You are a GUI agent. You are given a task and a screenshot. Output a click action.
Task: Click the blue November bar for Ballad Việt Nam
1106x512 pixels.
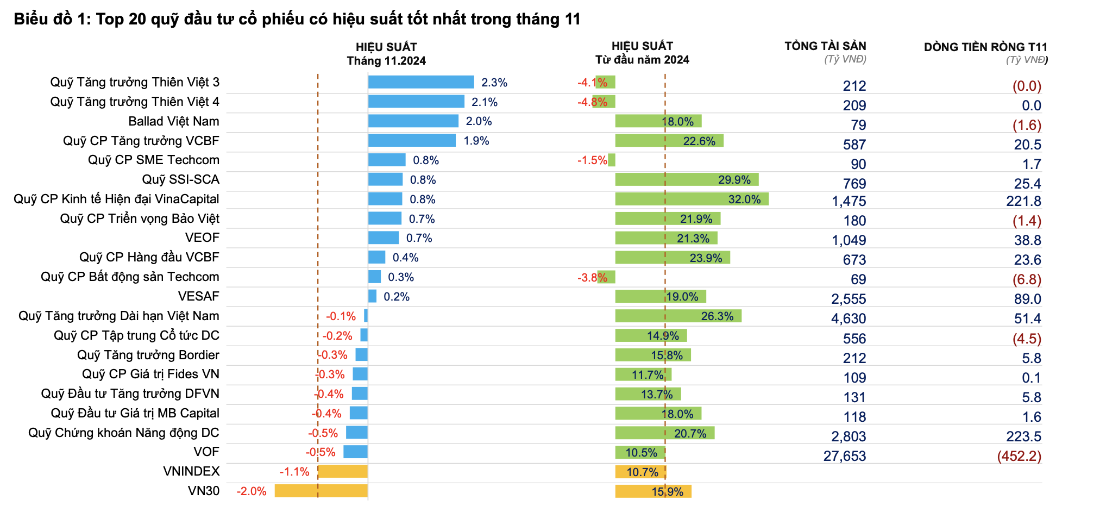pyautogui.click(x=413, y=121)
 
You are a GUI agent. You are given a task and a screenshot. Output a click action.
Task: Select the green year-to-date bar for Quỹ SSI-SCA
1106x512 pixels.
pyautogui.click(x=687, y=179)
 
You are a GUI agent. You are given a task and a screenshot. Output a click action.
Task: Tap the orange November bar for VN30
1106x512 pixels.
pyautogui.click(x=321, y=491)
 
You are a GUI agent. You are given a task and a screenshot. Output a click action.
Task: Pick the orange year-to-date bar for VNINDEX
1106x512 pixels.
pyautogui.click(x=640, y=472)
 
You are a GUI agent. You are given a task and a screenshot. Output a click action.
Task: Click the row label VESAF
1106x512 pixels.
pyautogui.click(x=198, y=296)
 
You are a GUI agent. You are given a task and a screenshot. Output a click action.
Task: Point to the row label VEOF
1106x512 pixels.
pyautogui.click(x=202, y=238)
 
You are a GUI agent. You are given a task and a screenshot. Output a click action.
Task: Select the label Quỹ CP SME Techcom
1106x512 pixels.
pyautogui.click(x=154, y=160)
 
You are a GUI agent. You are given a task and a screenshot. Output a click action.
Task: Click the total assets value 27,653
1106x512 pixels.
pyautogui.click(x=844, y=456)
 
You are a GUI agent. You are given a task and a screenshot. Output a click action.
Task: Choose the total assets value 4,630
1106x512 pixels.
pyautogui.click(x=848, y=319)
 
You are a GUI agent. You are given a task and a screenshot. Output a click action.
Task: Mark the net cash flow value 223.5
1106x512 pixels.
pyautogui.click(x=1023, y=436)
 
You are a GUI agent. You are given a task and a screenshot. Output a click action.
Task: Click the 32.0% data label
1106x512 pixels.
pyautogui.click(x=744, y=199)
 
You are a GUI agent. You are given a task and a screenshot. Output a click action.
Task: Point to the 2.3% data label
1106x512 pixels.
pyautogui.click(x=494, y=83)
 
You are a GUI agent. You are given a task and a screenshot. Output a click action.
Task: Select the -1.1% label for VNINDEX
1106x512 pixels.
pyautogui.click(x=294, y=472)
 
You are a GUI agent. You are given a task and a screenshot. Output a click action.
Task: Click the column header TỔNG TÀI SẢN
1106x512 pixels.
pyautogui.click(x=825, y=46)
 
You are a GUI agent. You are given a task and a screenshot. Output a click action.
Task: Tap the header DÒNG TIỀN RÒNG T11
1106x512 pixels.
pyautogui.click(x=985, y=47)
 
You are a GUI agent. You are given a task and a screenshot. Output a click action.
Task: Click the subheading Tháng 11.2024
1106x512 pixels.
pyautogui.click(x=386, y=61)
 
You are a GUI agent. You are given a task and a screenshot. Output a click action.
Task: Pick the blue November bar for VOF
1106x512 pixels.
pyautogui.click(x=355, y=452)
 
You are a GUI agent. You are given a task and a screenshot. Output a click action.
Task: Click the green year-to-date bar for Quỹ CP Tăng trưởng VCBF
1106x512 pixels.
pyautogui.click(x=669, y=141)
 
